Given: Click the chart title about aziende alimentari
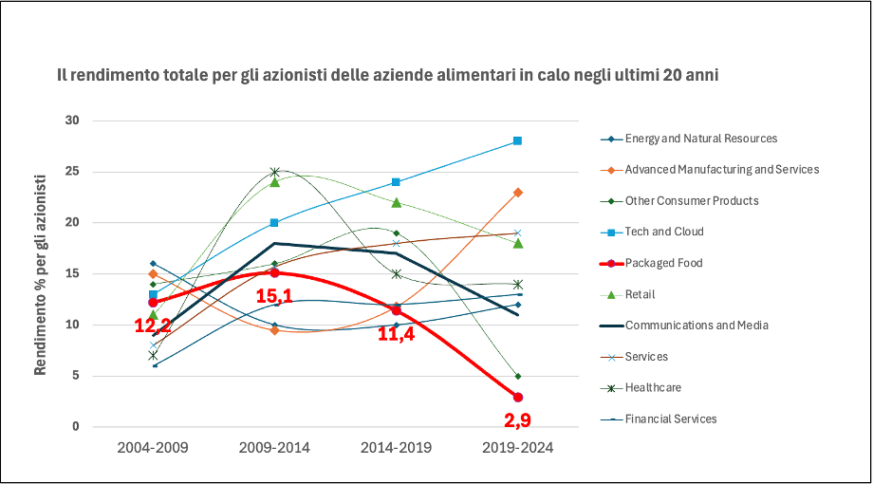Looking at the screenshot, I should click(x=386, y=75).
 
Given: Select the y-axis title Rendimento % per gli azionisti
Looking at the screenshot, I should click(x=42, y=274).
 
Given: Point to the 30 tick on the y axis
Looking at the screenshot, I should click(x=72, y=121).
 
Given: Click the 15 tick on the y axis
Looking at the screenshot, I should click(x=72, y=274).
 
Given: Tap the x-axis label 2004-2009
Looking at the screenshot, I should click(x=153, y=447).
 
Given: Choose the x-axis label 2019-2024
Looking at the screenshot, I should click(x=517, y=447).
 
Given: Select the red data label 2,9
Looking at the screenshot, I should click(x=517, y=420).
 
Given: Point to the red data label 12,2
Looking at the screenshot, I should click(x=153, y=326).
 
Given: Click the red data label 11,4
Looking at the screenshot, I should click(x=397, y=332).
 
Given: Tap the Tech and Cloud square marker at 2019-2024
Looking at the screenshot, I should click(x=517, y=140).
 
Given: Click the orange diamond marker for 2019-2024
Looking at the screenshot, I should click(x=517, y=193).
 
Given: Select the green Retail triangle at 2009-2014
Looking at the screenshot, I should click(x=274, y=181).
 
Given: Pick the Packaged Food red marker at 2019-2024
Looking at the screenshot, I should click(x=517, y=397).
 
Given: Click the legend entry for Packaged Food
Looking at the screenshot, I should click(x=663, y=263).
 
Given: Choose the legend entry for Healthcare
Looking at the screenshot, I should click(x=652, y=387).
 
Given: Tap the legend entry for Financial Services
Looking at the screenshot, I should click(x=670, y=419).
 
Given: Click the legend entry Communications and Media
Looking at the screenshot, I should click(x=696, y=325).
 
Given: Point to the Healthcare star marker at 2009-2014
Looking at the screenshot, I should click(x=274, y=173).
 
